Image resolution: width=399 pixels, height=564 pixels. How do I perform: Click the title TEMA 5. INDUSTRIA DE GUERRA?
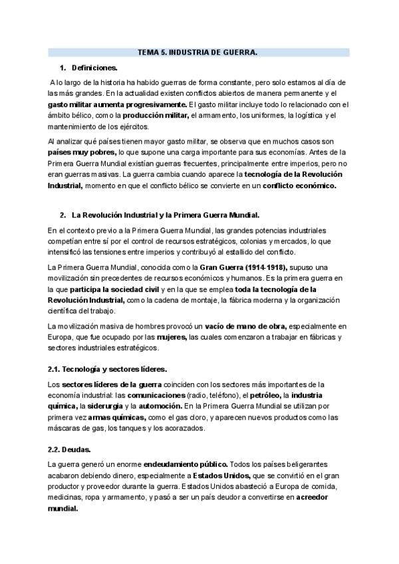(x=197, y=52)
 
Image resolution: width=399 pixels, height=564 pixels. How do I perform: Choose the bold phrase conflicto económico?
(x=300, y=186)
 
